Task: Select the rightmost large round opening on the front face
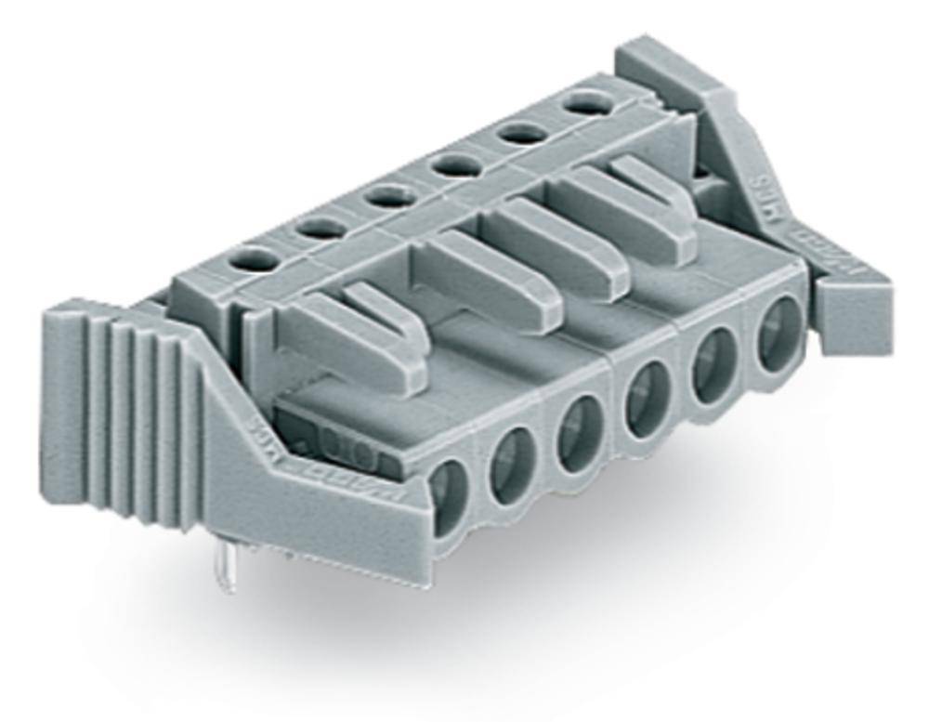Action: click(x=779, y=333)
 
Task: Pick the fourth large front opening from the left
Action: click(x=645, y=400)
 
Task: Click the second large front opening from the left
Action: click(x=512, y=466)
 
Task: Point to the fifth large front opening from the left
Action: click(x=713, y=365)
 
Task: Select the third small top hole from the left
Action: click(x=389, y=196)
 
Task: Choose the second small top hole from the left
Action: click(x=321, y=228)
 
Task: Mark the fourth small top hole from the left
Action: click(x=457, y=164)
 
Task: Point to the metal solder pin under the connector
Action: click(x=226, y=569)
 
